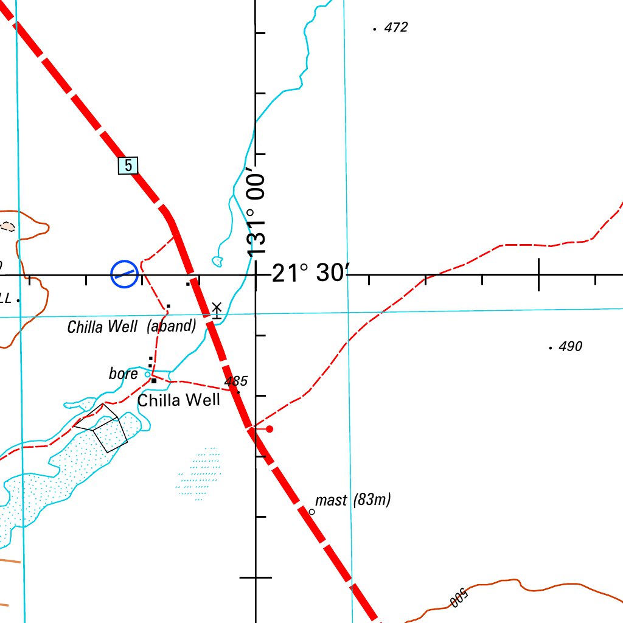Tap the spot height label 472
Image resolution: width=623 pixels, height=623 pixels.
[396, 27]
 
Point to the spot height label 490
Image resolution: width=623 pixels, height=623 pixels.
[570, 347]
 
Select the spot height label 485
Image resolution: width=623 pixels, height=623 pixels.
[236, 381]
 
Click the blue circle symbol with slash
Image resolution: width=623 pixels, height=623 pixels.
[124, 274]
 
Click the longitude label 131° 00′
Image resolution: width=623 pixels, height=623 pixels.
[257, 215]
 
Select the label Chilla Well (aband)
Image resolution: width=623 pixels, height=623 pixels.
[131, 327]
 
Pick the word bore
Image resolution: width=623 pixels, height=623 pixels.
[124, 374]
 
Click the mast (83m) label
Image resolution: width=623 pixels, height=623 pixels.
[353, 500]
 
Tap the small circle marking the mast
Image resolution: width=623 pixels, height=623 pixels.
[312, 512]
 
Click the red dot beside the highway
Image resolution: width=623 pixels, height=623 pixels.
[270, 429]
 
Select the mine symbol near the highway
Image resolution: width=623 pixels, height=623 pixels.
[216, 310]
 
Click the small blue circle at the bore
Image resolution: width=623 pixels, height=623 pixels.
[147, 375]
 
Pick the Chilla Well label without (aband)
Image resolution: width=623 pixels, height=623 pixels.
[178, 400]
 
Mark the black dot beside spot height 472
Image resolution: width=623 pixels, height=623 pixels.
[374, 29]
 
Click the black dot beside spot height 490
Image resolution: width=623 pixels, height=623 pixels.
[550, 348]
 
